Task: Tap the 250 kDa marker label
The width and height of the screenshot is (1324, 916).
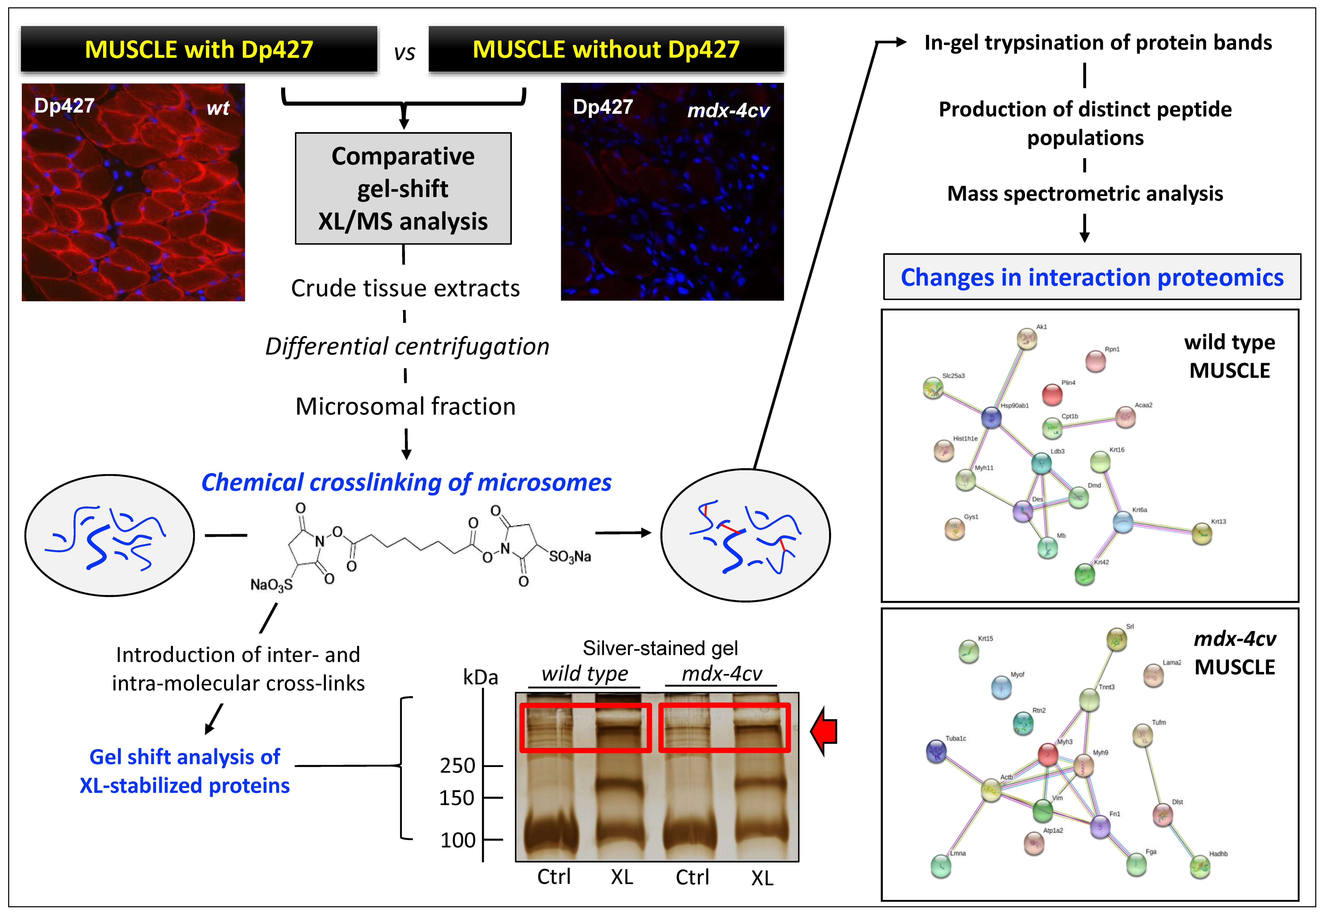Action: pyautogui.click(x=458, y=766)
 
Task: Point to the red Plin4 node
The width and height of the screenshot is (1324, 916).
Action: pyautogui.click(x=1052, y=394)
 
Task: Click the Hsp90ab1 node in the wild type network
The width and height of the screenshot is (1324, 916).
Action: pyautogui.click(x=991, y=417)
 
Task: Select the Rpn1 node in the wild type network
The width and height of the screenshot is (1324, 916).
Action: pyautogui.click(x=1095, y=361)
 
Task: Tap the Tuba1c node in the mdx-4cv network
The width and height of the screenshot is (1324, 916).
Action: pyautogui.click(x=937, y=751)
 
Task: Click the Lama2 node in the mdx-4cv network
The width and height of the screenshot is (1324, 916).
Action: pyautogui.click(x=1154, y=675)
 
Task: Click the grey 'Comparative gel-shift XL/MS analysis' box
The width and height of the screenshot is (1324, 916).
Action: pyautogui.click(x=403, y=188)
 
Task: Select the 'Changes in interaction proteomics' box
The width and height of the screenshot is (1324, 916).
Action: pyautogui.click(x=1092, y=277)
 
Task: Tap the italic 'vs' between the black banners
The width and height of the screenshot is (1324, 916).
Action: pyautogui.click(x=404, y=53)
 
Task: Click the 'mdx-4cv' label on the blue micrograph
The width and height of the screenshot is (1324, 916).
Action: pyautogui.click(x=728, y=110)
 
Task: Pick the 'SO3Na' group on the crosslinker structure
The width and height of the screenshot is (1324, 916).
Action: pyautogui.click(x=570, y=556)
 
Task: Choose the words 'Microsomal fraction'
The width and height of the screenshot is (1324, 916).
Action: pyautogui.click(x=405, y=406)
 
